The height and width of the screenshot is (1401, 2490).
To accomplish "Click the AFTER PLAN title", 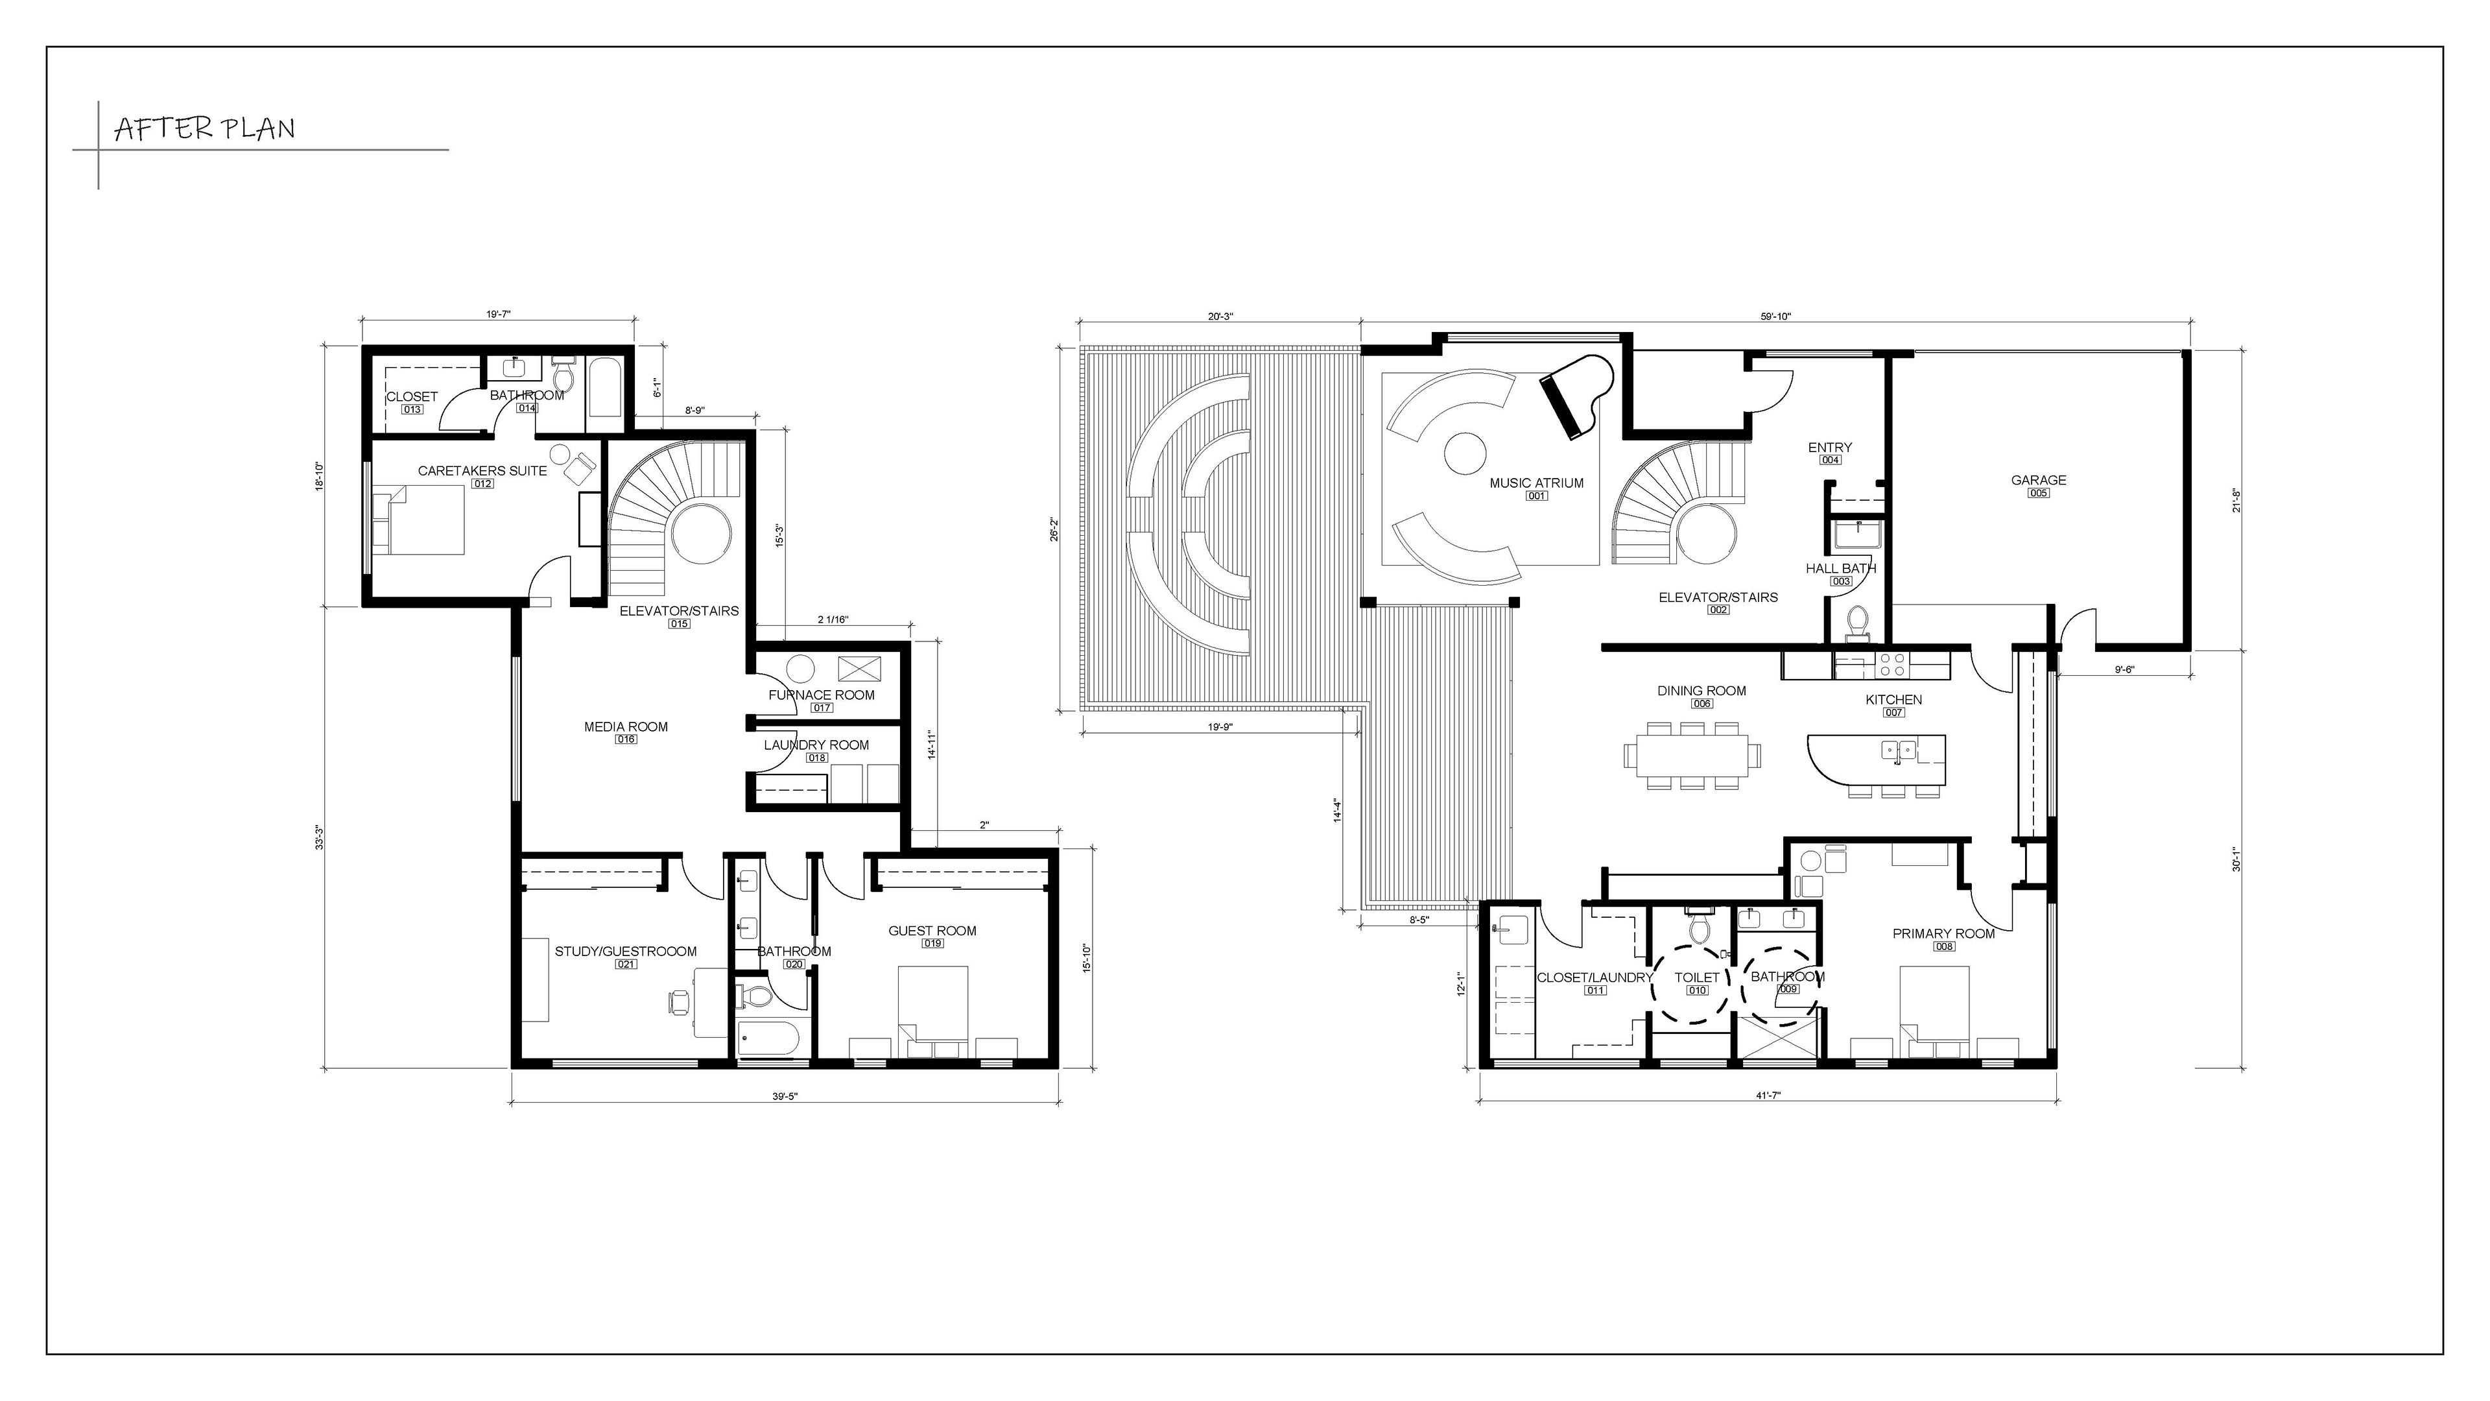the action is tap(205, 128).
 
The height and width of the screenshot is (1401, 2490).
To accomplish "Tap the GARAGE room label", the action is tap(2039, 479).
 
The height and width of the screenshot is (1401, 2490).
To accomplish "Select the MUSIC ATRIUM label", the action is tap(1537, 483).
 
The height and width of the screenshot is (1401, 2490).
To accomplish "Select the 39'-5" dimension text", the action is tap(784, 1096).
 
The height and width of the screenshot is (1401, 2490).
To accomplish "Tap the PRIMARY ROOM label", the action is tap(1944, 934).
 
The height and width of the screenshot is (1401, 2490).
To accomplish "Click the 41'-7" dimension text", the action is tap(1768, 1096).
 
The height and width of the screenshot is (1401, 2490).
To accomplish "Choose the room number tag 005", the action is tap(2039, 493).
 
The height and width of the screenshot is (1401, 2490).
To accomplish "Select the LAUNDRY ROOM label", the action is tap(817, 745).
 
